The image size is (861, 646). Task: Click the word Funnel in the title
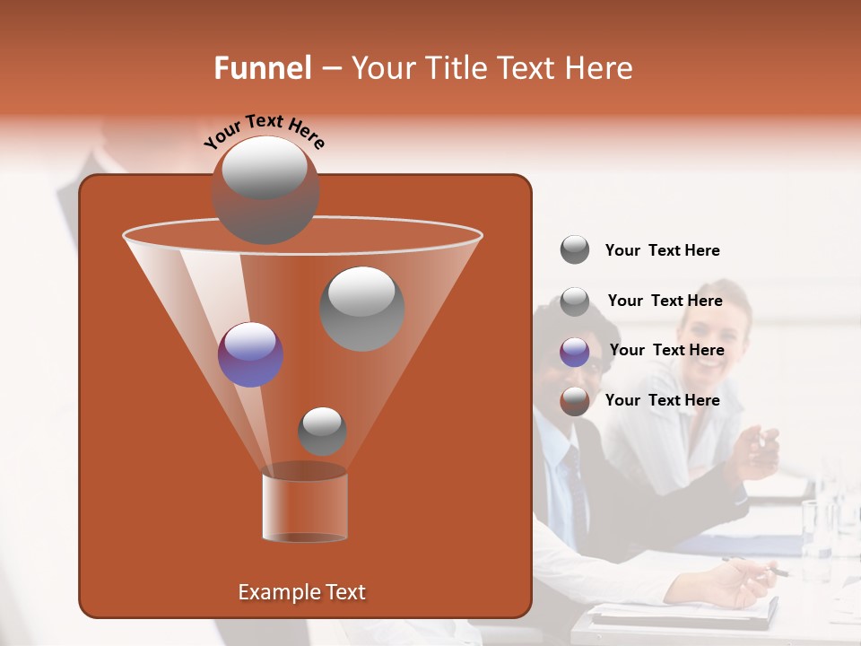[x=262, y=68]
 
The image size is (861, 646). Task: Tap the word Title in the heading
[x=454, y=68]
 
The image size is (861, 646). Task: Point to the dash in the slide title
[x=330, y=69]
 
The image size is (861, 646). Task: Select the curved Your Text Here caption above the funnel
[x=264, y=132]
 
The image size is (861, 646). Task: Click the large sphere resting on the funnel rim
[x=265, y=189]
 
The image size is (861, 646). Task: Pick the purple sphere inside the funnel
[x=251, y=354]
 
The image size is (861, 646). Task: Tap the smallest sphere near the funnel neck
[x=322, y=431]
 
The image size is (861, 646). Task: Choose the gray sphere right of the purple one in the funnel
[x=361, y=308]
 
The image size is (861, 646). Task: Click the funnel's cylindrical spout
[x=305, y=507]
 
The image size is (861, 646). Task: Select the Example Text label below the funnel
[x=302, y=592]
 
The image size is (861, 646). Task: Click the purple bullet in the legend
[x=574, y=351]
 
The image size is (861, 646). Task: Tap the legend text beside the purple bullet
[x=666, y=350]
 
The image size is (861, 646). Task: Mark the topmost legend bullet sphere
[x=574, y=250]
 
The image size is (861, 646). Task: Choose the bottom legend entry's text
[x=662, y=400]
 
